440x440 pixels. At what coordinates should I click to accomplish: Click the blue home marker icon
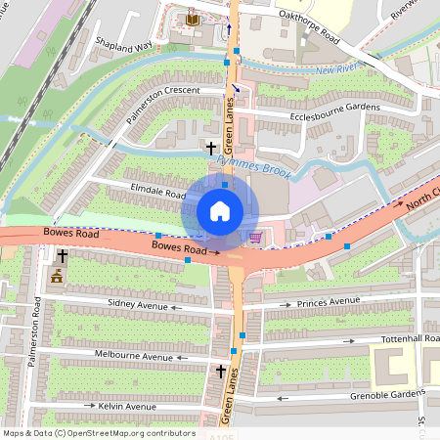click(220, 210)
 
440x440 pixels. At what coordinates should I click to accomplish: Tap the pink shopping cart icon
click(256, 237)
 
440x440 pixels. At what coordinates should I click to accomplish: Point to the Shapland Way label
click(123, 45)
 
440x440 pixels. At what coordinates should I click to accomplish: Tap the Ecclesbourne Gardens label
click(333, 109)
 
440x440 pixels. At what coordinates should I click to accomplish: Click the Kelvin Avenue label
click(126, 406)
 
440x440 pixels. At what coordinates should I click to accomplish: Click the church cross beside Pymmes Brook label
click(211, 149)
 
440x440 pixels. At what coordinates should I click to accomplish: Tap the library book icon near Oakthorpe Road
click(191, 20)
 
